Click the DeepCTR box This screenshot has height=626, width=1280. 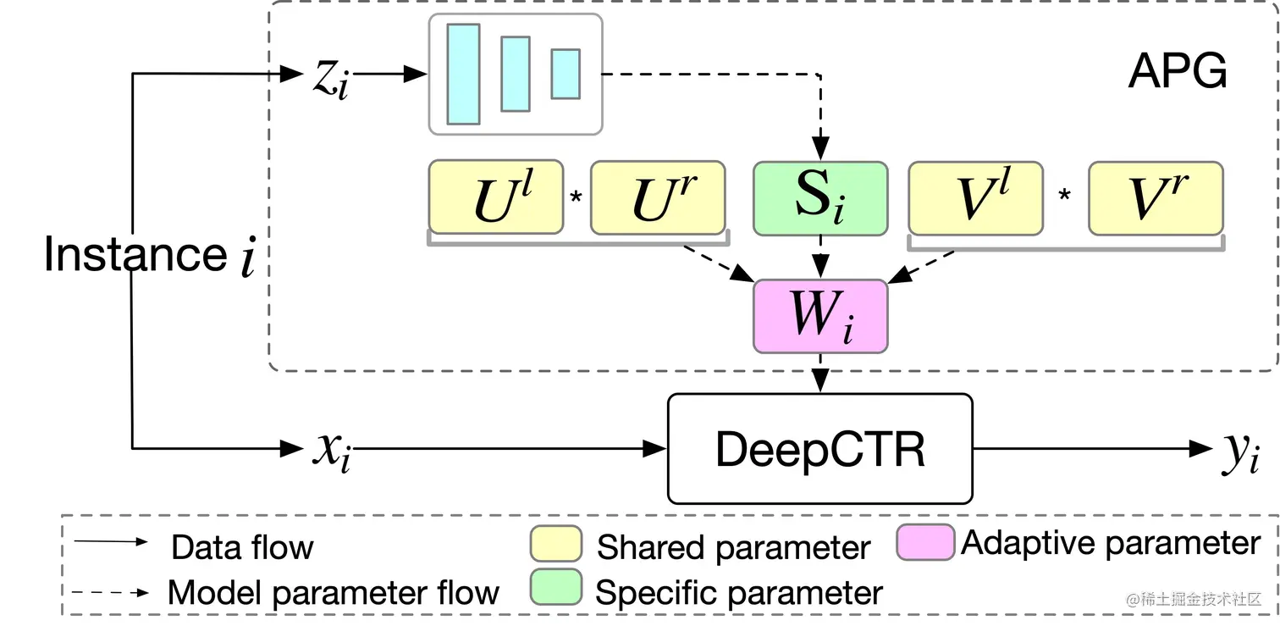pyautogui.click(x=819, y=448)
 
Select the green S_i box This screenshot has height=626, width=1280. pyautogui.click(x=819, y=198)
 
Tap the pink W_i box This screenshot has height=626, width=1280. pyautogui.click(x=819, y=315)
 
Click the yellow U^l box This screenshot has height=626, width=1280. pyautogui.click(x=495, y=197)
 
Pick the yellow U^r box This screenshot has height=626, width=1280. pyautogui.click(x=658, y=197)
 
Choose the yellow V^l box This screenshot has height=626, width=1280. pyautogui.click(x=975, y=198)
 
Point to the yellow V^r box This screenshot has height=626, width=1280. pyautogui.click(x=1156, y=198)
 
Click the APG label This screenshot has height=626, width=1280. pyautogui.click(x=1177, y=73)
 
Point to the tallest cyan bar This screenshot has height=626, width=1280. pyautogui.click(x=463, y=74)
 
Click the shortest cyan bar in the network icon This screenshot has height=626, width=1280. pyautogui.click(x=566, y=74)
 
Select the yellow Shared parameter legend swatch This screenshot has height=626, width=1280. pyautogui.click(x=555, y=544)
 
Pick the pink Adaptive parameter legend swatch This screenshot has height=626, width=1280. pyautogui.click(x=924, y=542)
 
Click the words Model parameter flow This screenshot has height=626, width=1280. pyautogui.click(x=334, y=592)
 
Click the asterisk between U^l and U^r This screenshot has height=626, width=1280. pyautogui.click(x=577, y=198)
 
